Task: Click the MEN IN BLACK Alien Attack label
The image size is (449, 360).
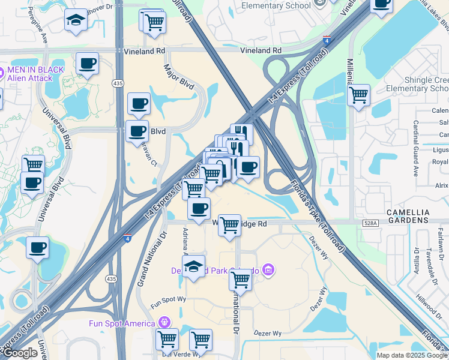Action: click(x=34, y=74)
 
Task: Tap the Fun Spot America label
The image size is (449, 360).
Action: click(x=122, y=323)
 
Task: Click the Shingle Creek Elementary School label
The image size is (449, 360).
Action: click(x=418, y=84)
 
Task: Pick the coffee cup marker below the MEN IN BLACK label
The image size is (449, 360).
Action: click(x=88, y=63)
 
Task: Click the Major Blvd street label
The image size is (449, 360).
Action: click(x=178, y=77)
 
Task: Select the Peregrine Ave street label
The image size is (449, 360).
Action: click(x=44, y=34)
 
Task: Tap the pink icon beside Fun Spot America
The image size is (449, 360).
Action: click(x=164, y=323)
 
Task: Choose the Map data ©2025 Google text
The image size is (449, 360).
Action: click(x=412, y=355)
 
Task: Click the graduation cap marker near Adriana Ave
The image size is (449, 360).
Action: click(x=193, y=268)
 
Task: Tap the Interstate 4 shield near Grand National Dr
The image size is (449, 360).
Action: click(x=127, y=238)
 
